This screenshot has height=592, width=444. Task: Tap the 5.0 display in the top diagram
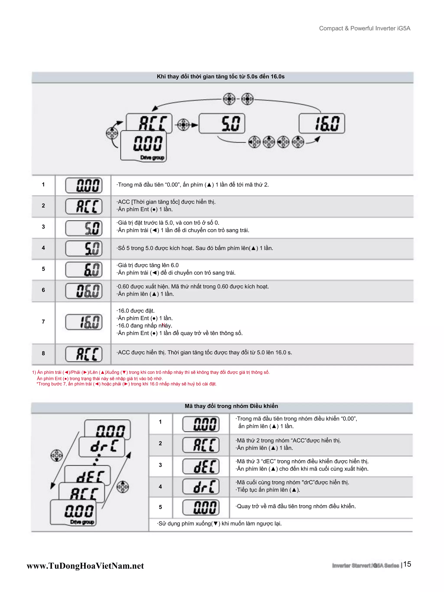pos(222,124)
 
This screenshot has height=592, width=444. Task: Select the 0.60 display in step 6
pos(84,291)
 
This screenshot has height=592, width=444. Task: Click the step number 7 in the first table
pos(43,322)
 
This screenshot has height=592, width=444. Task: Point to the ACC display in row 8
pos(84,354)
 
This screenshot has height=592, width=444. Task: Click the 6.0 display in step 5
pos(84,269)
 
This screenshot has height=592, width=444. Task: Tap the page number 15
pos(407,564)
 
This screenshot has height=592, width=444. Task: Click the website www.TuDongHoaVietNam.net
pos(85,566)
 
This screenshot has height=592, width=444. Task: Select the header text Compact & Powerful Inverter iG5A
pos(364,28)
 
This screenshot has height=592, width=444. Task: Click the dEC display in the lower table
pos(201,466)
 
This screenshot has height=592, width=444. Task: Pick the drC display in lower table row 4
pos(201,487)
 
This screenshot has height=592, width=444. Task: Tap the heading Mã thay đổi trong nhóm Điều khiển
pos(231,406)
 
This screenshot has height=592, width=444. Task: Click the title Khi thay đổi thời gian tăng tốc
pos(220,76)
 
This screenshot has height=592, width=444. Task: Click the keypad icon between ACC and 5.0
pos(183,125)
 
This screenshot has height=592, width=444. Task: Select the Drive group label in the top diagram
pos(152,158)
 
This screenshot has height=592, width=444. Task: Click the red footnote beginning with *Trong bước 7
pos(126,384)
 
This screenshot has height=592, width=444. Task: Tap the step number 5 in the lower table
pos(160,507)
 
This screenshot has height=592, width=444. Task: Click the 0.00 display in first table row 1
pos(84,185)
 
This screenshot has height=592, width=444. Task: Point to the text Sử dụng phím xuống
pos(220,524)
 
